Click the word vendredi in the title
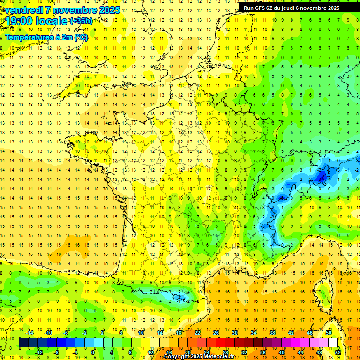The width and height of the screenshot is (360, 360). point(23,9)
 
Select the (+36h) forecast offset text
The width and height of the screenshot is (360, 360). point(81,21)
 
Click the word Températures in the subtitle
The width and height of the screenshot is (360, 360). point(27,37)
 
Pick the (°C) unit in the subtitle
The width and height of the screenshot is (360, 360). point(81,37)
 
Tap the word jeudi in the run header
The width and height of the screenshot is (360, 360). point(295,8)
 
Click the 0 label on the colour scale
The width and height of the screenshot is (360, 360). point(93,352)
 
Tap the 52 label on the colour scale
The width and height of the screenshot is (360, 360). point(338,352)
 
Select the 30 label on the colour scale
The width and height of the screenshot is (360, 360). point(234,333)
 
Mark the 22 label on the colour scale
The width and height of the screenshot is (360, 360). point(197,333)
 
